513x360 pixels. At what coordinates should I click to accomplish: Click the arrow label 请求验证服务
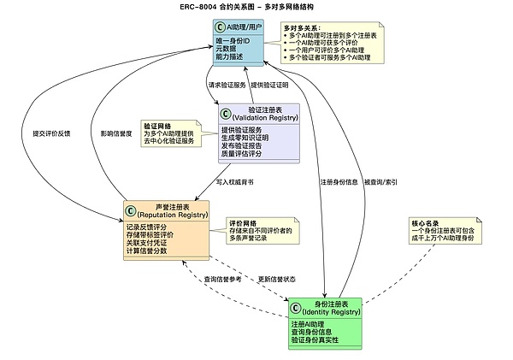(x=227, y=85)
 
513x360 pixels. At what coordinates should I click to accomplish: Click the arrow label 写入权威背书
(x=234, y=182)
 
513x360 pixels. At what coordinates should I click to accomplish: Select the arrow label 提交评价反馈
(x=51, y=133)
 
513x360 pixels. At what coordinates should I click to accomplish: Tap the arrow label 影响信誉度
(x=115, y=133)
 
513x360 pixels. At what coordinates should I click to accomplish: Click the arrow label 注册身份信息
(x=339, y=182)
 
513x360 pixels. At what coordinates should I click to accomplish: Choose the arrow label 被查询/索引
(x=380, y=182)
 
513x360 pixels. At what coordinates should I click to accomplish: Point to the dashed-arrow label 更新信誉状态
(x=276, y=280)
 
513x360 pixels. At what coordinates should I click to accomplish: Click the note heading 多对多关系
(x=302, y=28)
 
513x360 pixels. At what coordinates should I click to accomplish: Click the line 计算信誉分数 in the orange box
(x=146, y=251)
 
